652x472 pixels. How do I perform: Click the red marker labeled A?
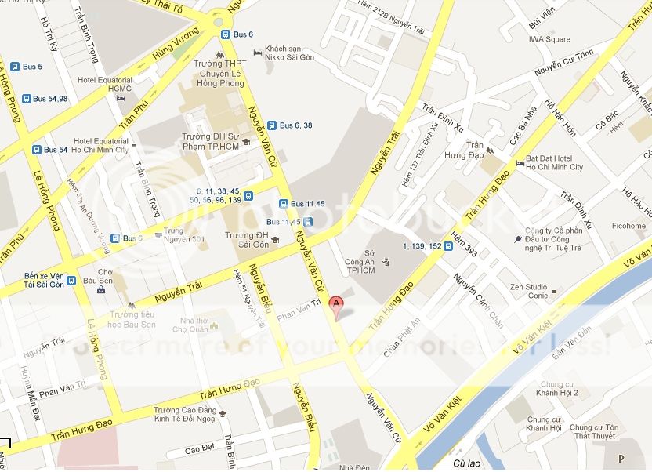click(x=337, y=304)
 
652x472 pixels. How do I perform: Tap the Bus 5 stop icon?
click(x=14, y=67)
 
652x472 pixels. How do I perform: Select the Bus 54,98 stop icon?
click(x=27, y=99)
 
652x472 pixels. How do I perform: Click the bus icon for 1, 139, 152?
click(x=447, y=246)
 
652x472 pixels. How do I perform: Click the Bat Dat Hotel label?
click(x=554, y=162)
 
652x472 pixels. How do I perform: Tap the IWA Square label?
click(x=549, y=39)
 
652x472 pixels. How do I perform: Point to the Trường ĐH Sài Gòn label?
click(x=247, y=239)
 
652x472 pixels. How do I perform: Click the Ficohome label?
click(x=629, y=226)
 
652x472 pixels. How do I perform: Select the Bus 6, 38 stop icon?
click(x=271, y=125)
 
